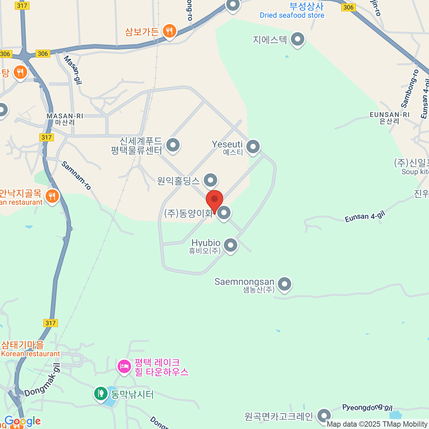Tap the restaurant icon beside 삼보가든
coord(169,31)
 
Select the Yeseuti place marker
coord(253,146)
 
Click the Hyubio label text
coord(206,243)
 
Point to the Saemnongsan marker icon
coord(285,285)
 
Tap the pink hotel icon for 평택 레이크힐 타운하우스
coord(124,366)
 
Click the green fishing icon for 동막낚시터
coord(101,394)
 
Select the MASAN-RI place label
coord(65,116)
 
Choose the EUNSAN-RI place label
coord(389,115)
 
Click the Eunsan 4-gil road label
coord(365,217)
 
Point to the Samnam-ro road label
coord(76,175)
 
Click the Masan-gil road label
coord(73,69)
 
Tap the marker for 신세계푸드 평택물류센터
coord(173,145)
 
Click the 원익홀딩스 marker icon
coord(211,180)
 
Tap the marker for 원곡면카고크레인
coord(324,415)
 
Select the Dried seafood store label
coord(292,15)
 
